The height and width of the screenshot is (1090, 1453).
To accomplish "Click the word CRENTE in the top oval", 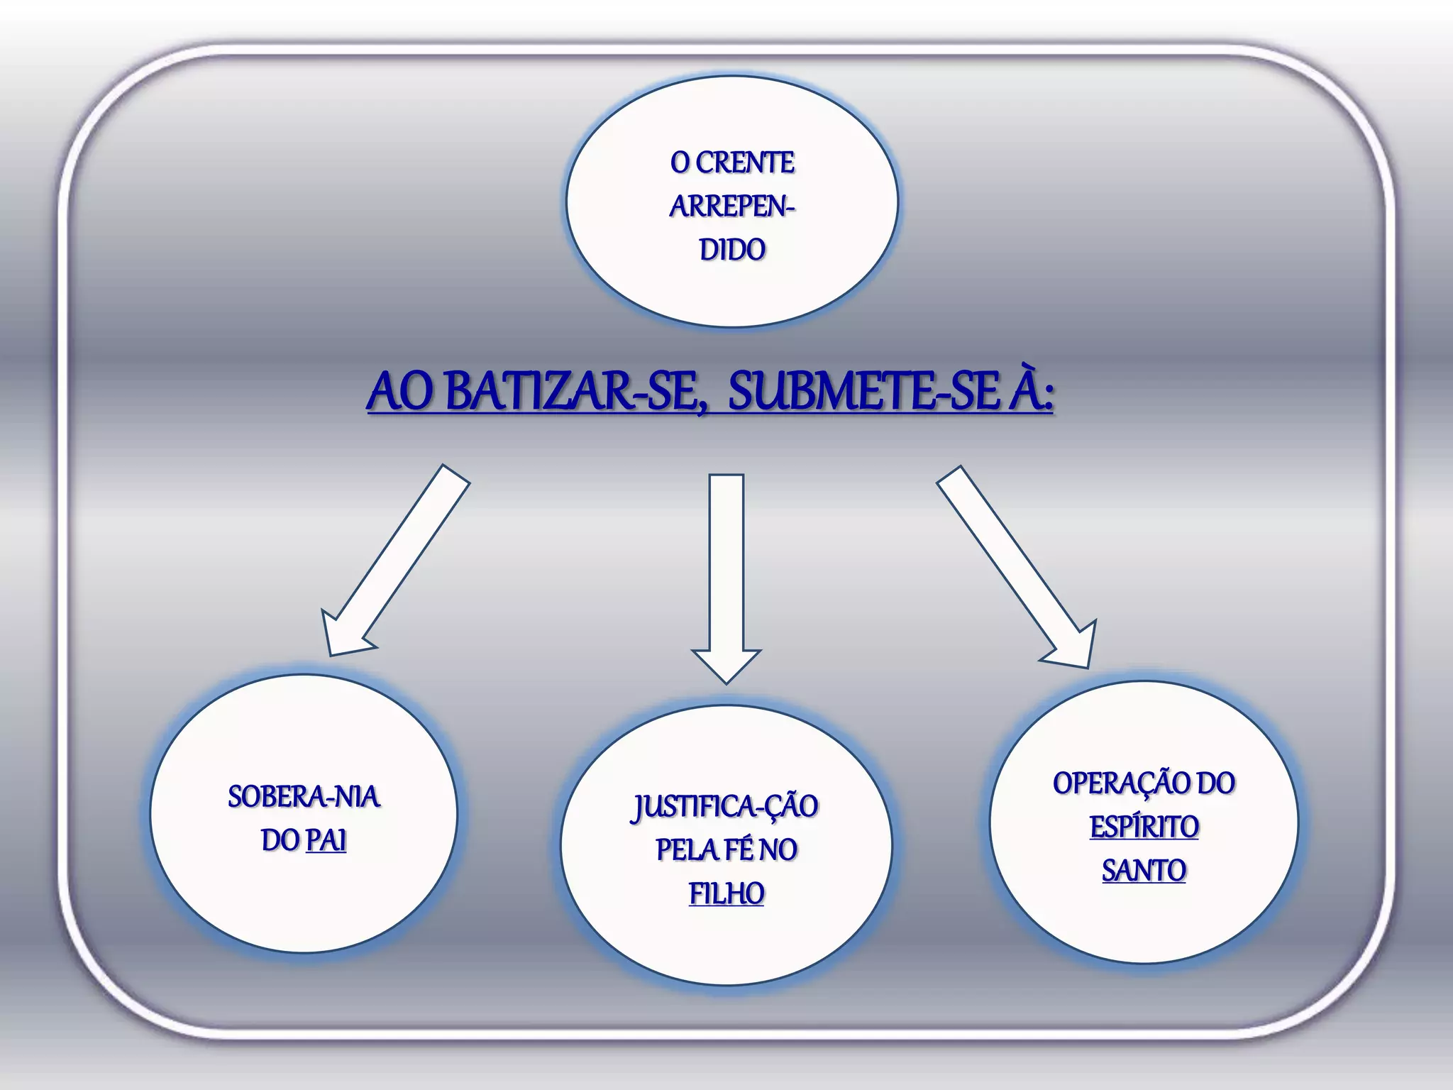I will pos(745,163).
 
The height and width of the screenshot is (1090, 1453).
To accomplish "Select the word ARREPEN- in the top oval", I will pos(732,207).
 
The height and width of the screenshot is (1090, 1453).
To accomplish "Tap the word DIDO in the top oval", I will pos(732,250).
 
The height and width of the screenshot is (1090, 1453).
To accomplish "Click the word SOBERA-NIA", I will pos(304,797).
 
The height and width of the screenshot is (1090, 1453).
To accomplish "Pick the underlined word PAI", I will pos(326,841).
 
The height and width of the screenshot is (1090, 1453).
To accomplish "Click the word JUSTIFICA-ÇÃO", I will pos(725,807).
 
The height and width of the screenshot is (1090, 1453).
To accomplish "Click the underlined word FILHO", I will pos(726,894).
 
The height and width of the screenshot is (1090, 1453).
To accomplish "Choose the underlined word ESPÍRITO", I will pos(1144,827).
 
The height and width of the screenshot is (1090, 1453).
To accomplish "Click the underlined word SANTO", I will pos(1144,871).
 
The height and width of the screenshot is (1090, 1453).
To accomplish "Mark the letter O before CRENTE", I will pos(680,163).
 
